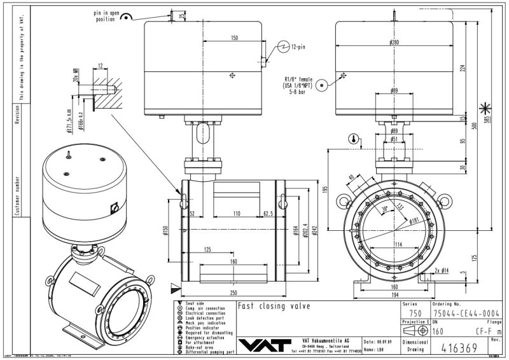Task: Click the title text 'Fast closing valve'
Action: pos(274,306)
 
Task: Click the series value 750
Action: pos(415,313)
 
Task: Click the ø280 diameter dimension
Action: pos(395,43)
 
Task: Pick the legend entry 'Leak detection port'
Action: pos(205,318)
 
